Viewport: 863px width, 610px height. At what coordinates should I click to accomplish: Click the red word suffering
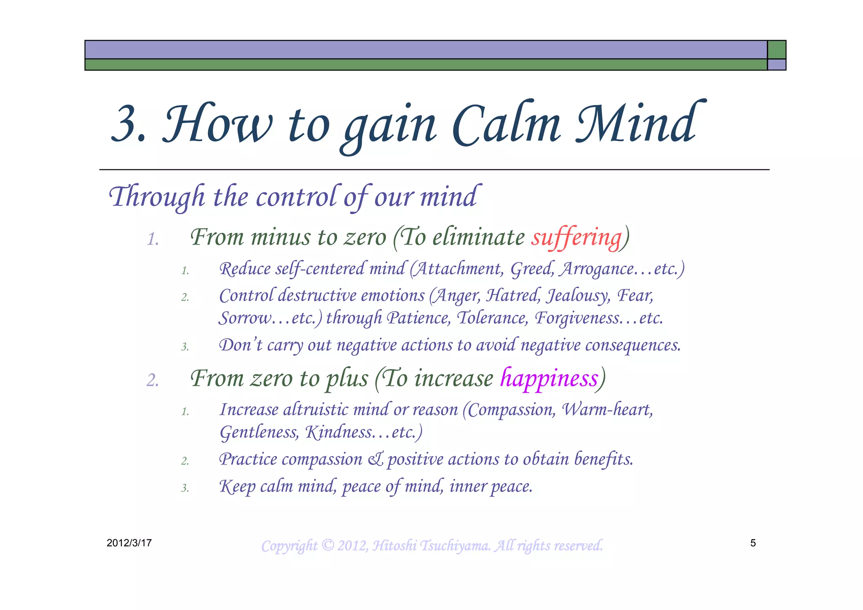pyautogui.click(x=576, y=237)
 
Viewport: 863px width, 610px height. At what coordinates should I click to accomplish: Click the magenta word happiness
pyautogui.click(x=549, y=378)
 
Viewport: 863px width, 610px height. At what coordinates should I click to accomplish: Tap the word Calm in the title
pyautogui.click(x=506, y=124)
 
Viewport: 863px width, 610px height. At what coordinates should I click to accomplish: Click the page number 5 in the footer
pyautogui.click(x=753, y=543)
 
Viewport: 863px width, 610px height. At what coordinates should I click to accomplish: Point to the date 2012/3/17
pyautogui.click(x=129, y=543)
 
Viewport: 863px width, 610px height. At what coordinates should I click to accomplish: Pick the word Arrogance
pyautogui.click(x=596, y=269)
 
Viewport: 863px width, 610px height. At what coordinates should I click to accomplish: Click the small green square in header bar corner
pyautogui.click(x=776, y=50)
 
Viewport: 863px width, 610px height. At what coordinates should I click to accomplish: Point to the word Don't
pyautogui.click(x=241, y=345)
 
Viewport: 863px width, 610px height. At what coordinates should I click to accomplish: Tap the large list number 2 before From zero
pyautogui.click(x=153, y=380)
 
